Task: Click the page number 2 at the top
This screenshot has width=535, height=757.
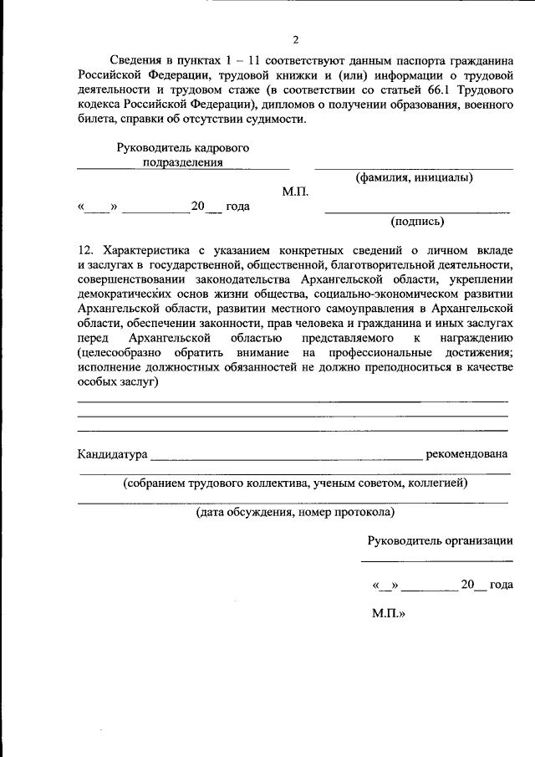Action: (295, 39)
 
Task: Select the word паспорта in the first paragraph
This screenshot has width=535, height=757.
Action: (420, 62)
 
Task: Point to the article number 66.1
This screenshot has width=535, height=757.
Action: (411, 90)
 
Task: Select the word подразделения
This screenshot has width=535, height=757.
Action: (182, 162)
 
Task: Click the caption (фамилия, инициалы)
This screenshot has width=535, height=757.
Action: (414, 177)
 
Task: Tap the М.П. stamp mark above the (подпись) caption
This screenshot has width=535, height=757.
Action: (295, 192)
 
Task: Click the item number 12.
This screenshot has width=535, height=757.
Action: (84, 251)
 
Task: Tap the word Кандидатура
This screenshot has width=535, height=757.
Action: (112, 454)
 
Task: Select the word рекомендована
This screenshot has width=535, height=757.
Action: (466, 454)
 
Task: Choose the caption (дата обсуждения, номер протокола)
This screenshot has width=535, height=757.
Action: (295, 511)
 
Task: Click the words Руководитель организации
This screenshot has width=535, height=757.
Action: (440, 540)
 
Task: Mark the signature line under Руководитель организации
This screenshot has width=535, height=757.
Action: (437, 560)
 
